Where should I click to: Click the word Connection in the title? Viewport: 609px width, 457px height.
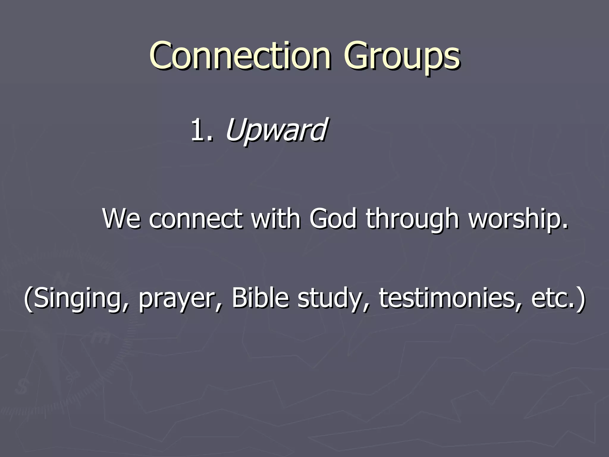point(240,56)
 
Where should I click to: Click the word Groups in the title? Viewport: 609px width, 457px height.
point(402,57)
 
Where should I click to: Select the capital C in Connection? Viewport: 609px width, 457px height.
point(162,56)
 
